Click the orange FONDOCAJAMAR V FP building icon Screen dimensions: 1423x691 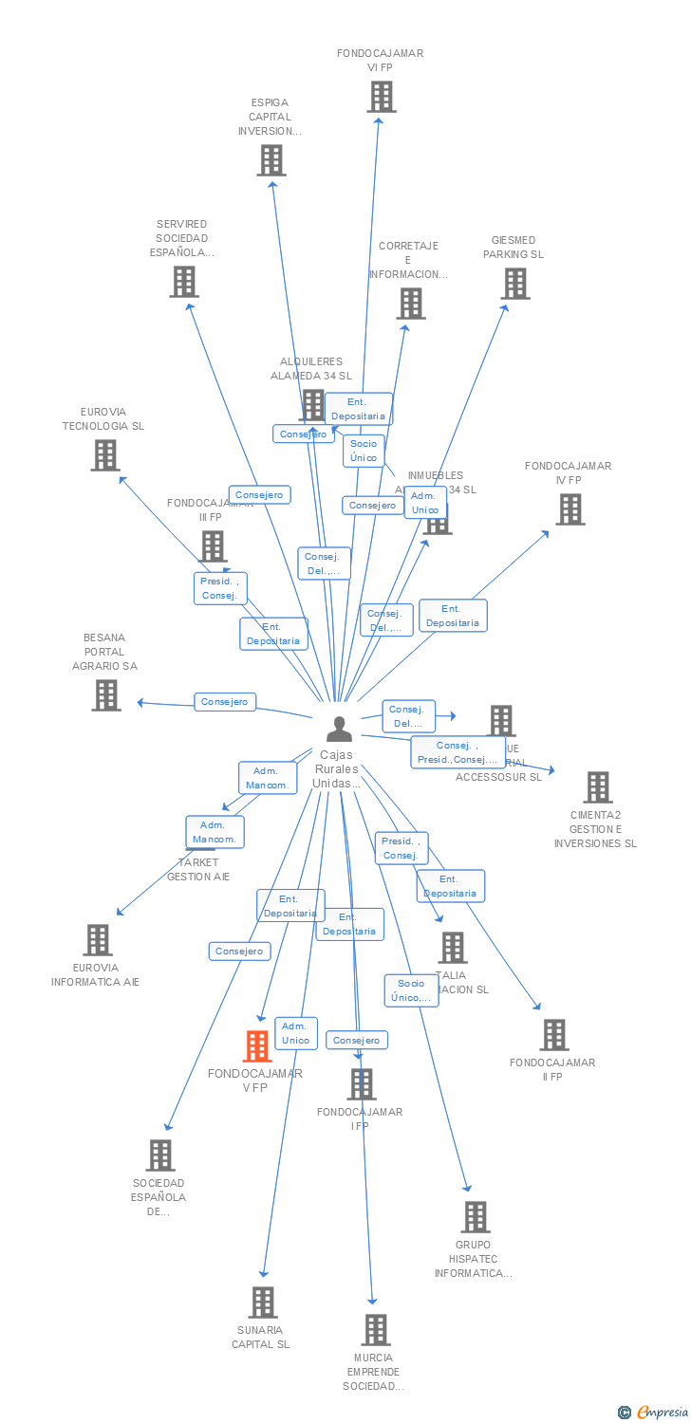(257, 1046)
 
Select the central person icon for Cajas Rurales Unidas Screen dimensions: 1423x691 (339, 729)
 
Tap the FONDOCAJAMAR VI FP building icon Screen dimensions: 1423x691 (381, 97)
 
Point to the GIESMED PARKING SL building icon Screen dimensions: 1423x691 (515, 284)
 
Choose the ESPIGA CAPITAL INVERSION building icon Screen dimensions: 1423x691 (271, 160)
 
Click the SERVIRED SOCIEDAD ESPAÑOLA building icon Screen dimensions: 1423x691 (184, 282)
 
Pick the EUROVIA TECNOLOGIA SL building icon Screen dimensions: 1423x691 (105, 455)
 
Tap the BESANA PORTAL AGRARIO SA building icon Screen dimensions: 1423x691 (106, 695)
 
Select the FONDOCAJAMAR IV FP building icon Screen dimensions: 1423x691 (570, 509)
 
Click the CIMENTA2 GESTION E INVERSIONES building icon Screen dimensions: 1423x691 (598, 787)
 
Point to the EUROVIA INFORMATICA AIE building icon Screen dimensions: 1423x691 (98, 940)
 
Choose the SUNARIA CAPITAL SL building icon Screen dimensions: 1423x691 (264, 1303)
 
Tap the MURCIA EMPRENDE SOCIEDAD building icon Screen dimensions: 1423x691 (376, 1330)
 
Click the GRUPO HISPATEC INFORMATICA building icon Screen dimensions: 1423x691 (476, 1217)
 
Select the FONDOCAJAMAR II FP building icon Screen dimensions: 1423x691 (554, 1035)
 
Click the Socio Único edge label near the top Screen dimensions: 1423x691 (364, 451)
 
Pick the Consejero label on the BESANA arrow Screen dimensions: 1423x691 (225, 702)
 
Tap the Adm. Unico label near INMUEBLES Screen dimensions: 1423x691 (424, 503)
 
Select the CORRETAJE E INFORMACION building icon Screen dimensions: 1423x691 (411, 304)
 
